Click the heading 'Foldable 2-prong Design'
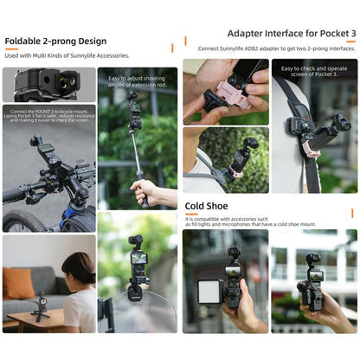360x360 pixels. pos(55,41)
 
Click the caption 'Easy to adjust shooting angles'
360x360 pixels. pos(137,83)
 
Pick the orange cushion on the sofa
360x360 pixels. pos(18,281)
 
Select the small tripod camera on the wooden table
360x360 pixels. pos(39,304)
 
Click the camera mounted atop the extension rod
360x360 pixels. pos(133,102)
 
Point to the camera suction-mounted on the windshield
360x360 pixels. pos(136,268)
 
